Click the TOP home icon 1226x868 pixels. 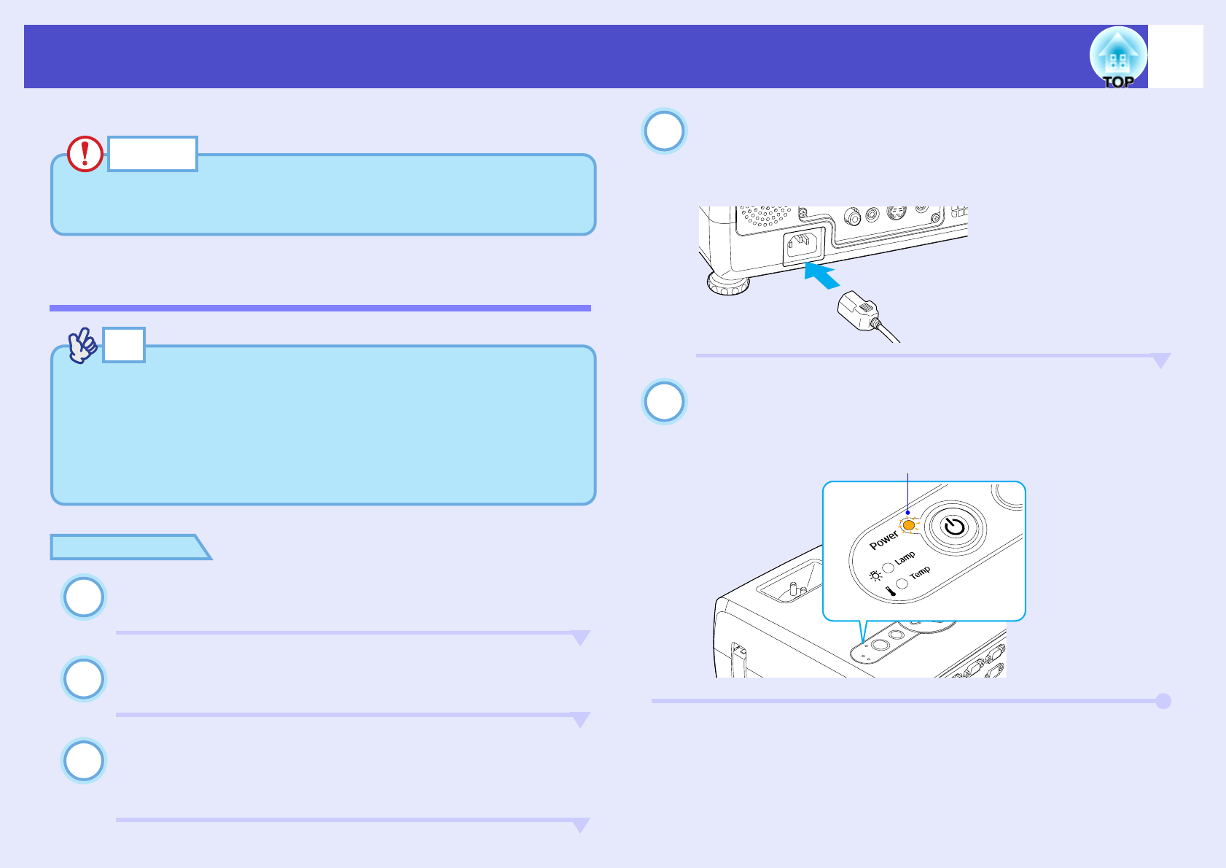point(1117,57)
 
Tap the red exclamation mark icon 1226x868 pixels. point(85,154)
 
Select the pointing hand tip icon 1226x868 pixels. point(83,346)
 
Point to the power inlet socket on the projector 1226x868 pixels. point(805,246)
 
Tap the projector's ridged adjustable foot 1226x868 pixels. point(728,284)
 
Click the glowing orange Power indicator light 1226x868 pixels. point(908,525)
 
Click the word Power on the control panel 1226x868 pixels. point(883,540)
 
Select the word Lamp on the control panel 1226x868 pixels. point(905,558)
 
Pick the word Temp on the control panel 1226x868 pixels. point(920,573)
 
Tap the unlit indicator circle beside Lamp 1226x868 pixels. point(889,567)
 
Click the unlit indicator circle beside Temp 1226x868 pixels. point(902,583)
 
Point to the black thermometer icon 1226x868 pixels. point(890,592)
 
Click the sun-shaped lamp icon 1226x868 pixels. point(875,576)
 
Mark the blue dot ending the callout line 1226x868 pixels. point(907,512)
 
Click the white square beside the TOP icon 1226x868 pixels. point(1176,57)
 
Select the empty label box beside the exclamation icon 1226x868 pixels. point(152,154)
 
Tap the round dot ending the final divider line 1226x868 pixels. point(1163,701)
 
